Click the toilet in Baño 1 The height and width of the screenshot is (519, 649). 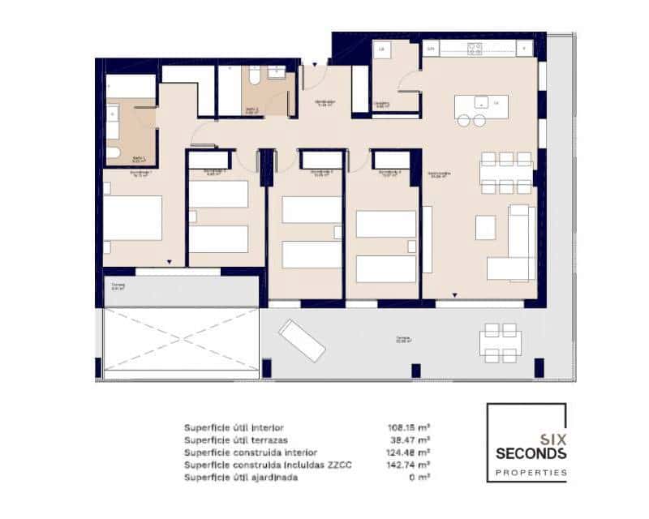[113, 152]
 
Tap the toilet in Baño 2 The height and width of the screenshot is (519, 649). [253, 77]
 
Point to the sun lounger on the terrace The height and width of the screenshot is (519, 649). [302, 340]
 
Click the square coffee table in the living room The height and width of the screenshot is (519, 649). [485, 227]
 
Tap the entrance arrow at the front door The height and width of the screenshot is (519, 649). [316, 62]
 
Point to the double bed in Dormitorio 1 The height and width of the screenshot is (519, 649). [133, 217]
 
